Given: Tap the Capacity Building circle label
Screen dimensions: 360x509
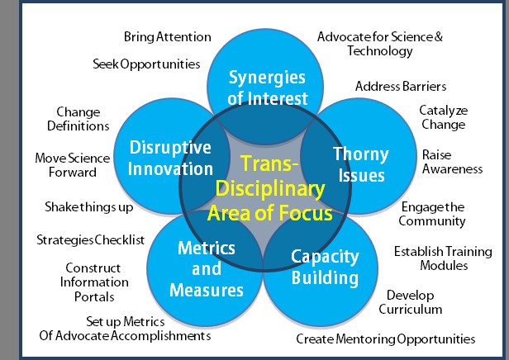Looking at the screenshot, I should tap(325, 267).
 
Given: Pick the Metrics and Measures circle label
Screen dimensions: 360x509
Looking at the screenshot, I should tap(207, 269).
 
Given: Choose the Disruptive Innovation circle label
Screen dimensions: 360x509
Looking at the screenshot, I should tap(171, 158).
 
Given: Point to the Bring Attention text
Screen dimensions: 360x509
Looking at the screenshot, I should tap(167, 37).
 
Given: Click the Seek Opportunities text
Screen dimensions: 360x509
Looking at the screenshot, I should tap(146, 64).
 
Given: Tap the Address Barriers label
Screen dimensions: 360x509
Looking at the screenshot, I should tap(401, 86).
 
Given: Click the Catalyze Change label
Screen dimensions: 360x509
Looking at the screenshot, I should tap(442, 117).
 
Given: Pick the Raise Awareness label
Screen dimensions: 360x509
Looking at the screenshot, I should tap(451, 162).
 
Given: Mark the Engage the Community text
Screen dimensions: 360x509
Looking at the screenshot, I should tap(432, 214).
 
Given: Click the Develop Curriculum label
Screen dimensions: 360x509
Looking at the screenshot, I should tap(410, 302).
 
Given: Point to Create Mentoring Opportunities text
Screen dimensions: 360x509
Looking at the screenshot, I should tap(386, 339).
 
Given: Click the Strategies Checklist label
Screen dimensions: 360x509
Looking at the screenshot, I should tap(91, 239).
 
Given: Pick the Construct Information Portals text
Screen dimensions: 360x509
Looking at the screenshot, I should tap(93, 282).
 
